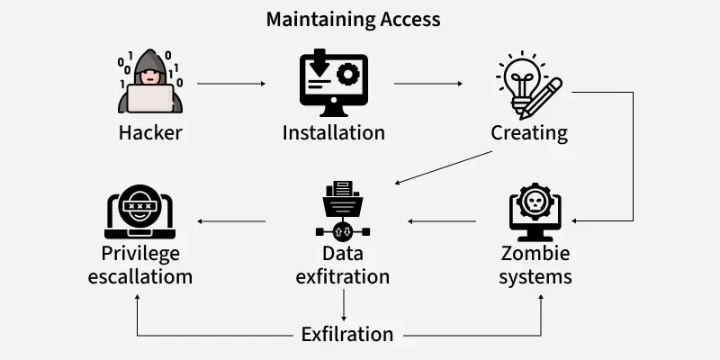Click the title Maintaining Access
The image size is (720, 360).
[x=354, y=19]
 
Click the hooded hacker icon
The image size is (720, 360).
[x=150, y=83]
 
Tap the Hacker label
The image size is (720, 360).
[x=150, y=133]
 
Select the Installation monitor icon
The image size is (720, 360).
[x=333, y=84]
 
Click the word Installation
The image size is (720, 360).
[x=333, y=133]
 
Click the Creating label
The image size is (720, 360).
[x=529, y=133]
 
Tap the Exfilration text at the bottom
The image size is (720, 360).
[x=346, y=334]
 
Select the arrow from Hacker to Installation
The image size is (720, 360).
[x=231, y=84]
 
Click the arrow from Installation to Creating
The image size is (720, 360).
[x=428, y=84]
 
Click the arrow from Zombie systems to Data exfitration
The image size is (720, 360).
[x=442, y=220]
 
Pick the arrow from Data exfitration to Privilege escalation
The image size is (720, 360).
[x=231, y=220]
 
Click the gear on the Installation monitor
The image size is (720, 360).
[x=347, y=75]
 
